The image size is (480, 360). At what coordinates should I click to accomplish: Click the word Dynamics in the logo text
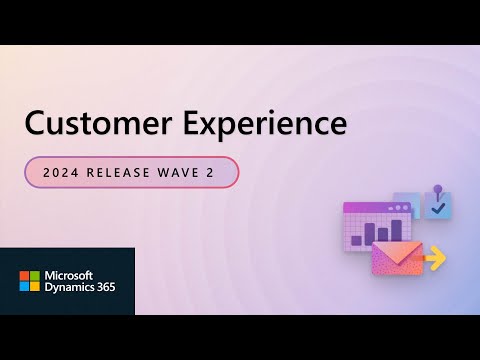66,287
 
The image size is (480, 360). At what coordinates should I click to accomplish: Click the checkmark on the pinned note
437,208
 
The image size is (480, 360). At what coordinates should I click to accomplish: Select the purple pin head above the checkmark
437,187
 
